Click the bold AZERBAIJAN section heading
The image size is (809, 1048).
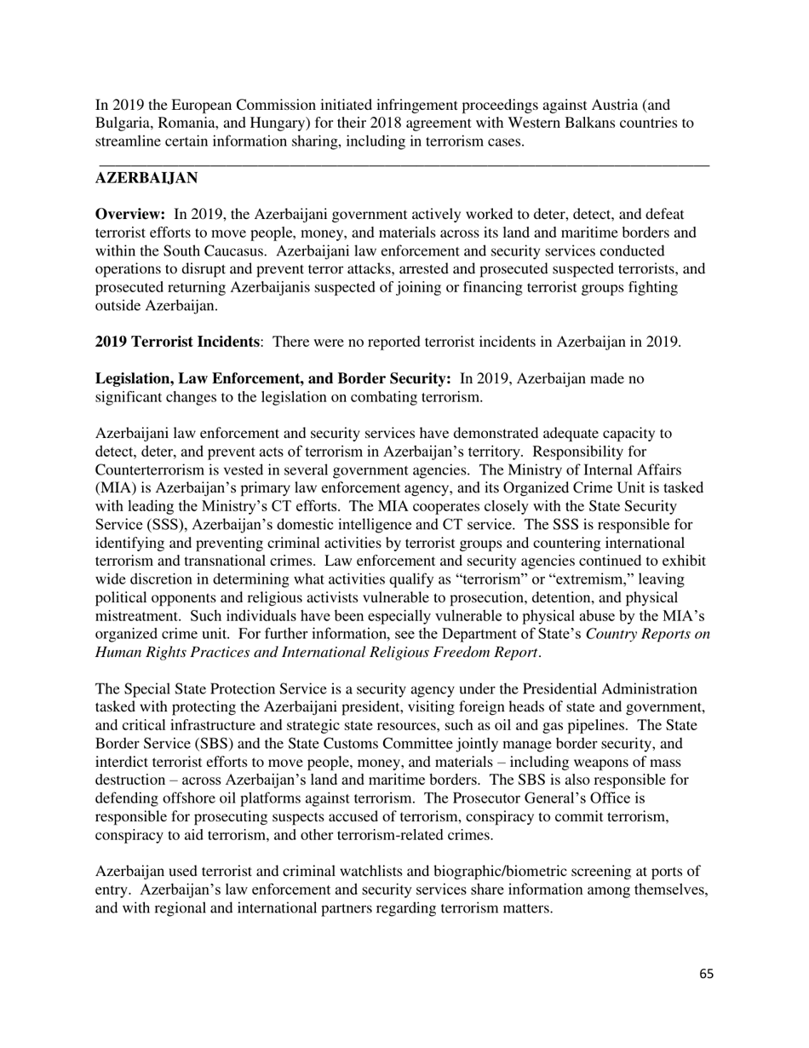pos(146,178)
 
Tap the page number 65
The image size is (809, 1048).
pos(706,974)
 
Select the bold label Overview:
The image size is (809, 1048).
pos(130,215)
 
